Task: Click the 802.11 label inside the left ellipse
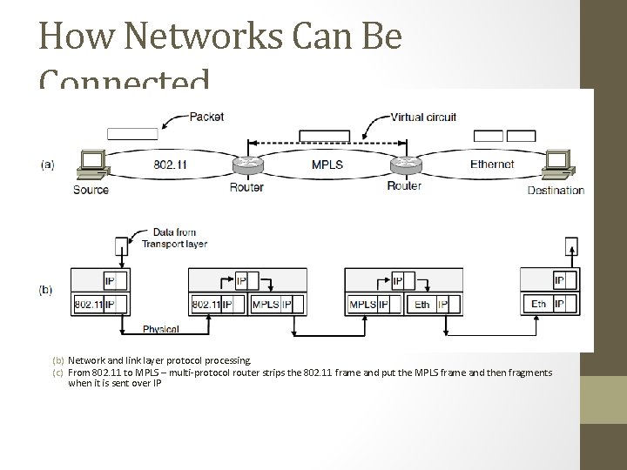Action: pyautogui.click(x=170, y=164)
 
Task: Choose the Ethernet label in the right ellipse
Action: pyautogui.click(x=491, y=164)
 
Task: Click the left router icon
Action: pyautogui.click(x=246, y=165)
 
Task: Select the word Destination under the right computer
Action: pyautogui.click(x=556, y=190)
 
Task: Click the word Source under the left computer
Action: pyautogui.click(x=91, y=189)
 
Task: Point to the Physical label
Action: pyautogui.click(x=161, y=329)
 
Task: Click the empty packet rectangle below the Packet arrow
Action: pyautogui.click(x=132, y=134)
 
